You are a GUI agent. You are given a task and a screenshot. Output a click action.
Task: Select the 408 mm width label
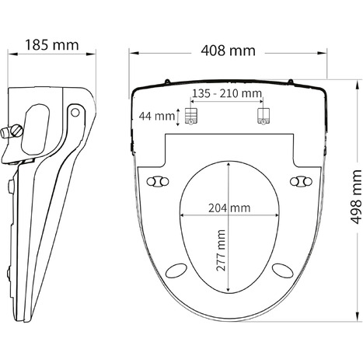[x=228, y=51]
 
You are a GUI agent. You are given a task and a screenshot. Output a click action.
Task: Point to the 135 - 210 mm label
[x=227, y=94]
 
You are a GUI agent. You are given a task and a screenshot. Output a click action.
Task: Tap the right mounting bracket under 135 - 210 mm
[x=264, y=117]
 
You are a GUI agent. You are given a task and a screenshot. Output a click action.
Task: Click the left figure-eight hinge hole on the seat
[x=161, y=180]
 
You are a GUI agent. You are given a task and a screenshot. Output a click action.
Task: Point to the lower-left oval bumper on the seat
[x=174, y=268]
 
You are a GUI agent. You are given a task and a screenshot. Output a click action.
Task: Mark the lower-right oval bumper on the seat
[x=284, y=268]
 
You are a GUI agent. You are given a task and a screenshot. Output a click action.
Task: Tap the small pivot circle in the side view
[x=75, y=112]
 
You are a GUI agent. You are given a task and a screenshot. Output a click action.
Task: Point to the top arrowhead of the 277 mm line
[x=229, y=164]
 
